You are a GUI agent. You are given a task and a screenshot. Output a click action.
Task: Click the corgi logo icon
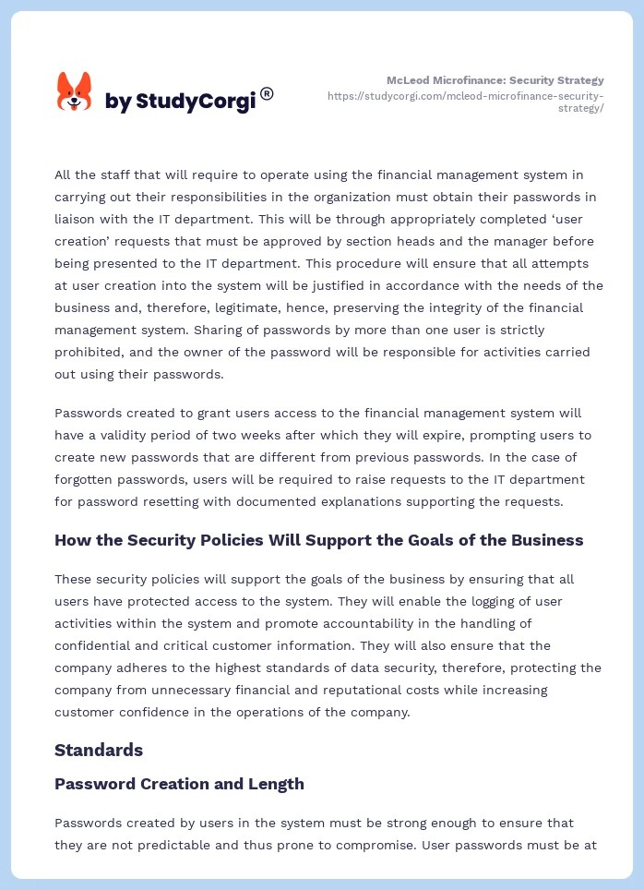(x=75, y=91)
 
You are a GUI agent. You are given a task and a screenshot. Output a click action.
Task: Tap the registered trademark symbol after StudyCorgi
(x=267, y=93)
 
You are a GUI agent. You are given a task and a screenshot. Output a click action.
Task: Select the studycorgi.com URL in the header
(x=466, y=102)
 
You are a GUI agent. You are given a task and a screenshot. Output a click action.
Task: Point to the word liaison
(x=79, y=219)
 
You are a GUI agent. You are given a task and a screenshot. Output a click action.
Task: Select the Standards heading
(x=99, y=750)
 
